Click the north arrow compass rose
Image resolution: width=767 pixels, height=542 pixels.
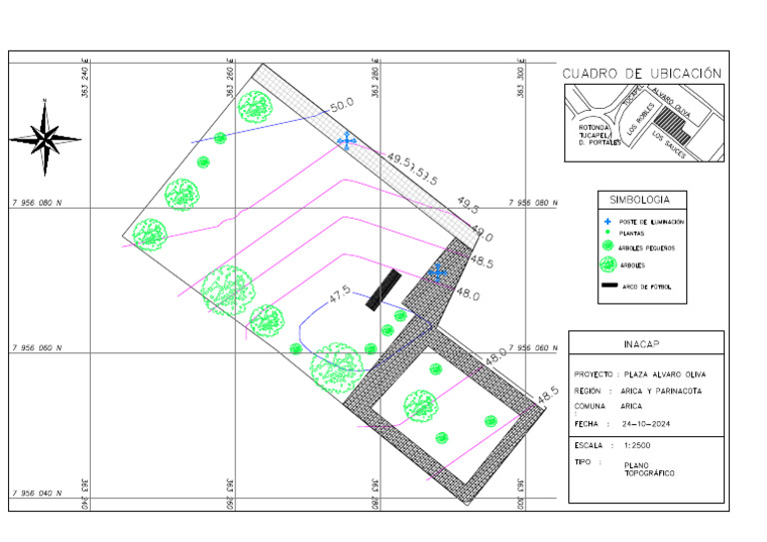(44, 135)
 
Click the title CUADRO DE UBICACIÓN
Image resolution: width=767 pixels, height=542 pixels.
(641, 73)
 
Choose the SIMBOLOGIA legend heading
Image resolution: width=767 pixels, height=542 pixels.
(646, 200)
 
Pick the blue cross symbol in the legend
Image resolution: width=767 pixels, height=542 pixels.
(606, 220)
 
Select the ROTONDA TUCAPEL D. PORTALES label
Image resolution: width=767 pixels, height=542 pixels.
(594, 135)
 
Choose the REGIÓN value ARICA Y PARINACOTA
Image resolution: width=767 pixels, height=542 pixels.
(663, 391)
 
